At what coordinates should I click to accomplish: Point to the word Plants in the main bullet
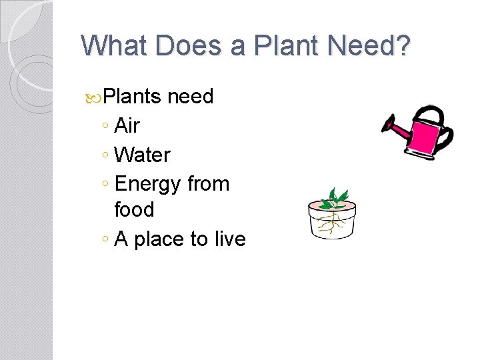133,97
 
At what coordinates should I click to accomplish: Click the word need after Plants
191,97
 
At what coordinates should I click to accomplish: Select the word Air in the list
127,125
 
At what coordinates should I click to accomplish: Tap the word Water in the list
143,155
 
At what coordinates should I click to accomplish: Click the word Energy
147,184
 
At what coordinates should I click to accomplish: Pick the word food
134,210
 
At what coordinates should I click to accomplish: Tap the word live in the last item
228,239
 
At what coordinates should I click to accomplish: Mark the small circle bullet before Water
106,156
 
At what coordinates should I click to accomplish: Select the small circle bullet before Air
106,127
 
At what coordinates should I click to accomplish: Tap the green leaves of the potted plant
333,198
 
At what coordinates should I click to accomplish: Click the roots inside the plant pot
331,223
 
